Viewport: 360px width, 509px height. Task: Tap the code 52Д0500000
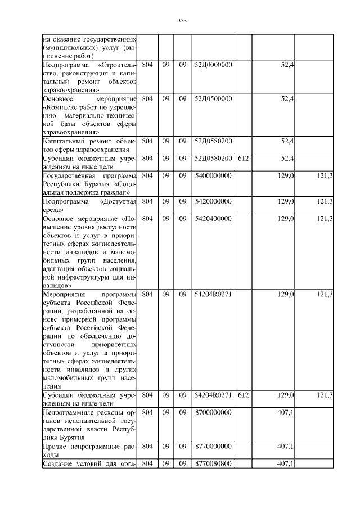[x=213, y=99]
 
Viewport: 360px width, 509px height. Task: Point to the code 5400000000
[x=213, y=177]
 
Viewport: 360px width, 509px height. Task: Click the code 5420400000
[x=213, y=218]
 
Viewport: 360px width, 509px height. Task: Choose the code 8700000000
[x=213, y=413]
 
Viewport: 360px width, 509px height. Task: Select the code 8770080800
[x=213, y=463]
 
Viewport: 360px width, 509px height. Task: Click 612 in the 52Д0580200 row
[x=243, y=159]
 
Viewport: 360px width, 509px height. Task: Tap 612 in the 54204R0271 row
[x=243, y=395]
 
